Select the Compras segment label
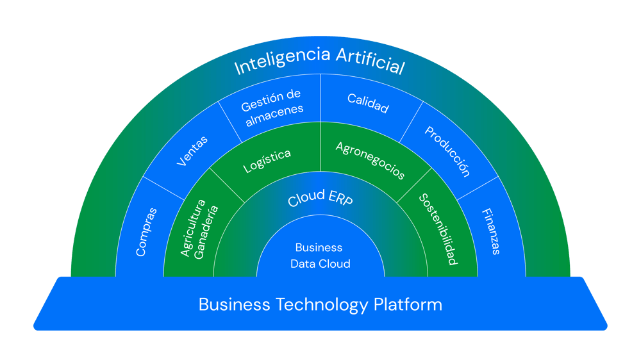tap(147, 232)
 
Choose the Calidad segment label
tap(368, 103)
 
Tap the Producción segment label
tap(447, 151)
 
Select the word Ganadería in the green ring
tap(206, 231)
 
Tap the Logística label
tap(267, 161)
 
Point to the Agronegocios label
tap(370, 160)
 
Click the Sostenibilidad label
tap(438, 229)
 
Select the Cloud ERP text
tap(320, 199)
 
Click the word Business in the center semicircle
tap(319, 247)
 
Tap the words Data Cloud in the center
tap(320, 263)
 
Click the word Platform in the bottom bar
tap(408, 304)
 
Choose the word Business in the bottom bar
tap(234, 304)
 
